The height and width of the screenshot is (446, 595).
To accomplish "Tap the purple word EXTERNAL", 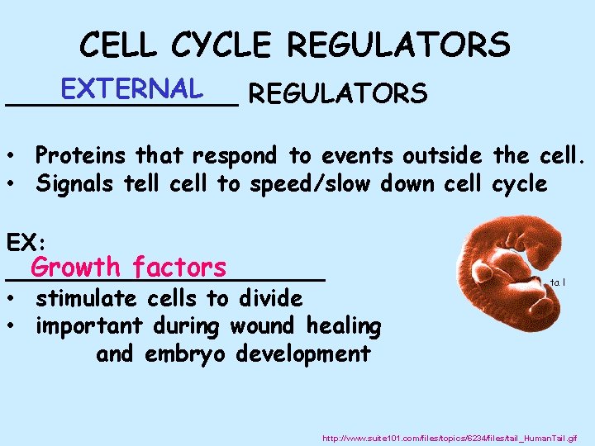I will click(131, 88).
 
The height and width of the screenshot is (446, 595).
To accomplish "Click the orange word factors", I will click(178, 268).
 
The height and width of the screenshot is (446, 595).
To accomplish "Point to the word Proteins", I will click(83, 155).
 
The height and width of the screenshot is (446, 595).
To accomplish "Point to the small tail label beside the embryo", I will click(557, 282).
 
